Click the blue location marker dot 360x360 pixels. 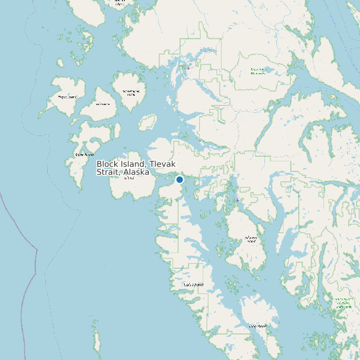click(179, 179)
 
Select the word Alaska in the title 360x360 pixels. click(136, 172)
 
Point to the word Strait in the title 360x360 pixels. click(108, 172)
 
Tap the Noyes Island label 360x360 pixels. click(67, 97)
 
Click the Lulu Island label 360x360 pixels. click(103, 104)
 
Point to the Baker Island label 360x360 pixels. click(84, 155)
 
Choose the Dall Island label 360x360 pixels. click(193, 285)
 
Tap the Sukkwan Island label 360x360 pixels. click(250, 239)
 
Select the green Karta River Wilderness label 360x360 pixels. click(258, 70)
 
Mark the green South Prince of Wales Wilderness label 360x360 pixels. click(343, 304)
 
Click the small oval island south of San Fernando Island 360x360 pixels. click(147, 123)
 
